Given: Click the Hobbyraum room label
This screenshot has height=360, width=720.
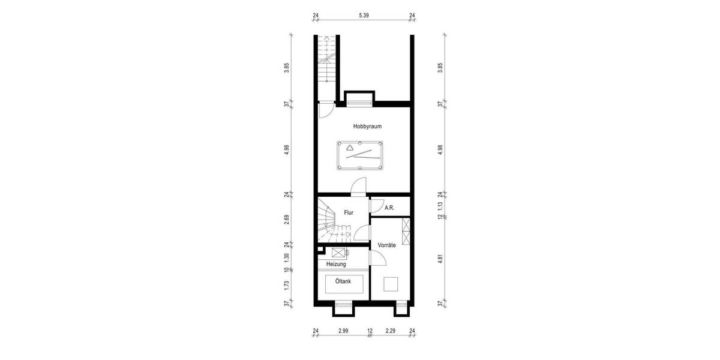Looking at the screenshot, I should [367, 127].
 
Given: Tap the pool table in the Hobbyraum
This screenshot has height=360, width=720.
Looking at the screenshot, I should [359, 155].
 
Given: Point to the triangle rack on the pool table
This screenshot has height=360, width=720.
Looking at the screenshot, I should [350, 146].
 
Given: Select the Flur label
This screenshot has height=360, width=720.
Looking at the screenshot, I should [348, 212].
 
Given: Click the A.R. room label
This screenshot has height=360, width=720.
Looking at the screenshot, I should [389, 208].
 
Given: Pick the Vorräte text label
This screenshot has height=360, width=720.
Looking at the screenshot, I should [387, 245].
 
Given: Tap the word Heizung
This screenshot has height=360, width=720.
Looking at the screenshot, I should [336, 264].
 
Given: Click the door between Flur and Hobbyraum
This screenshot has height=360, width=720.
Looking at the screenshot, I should [358, 188].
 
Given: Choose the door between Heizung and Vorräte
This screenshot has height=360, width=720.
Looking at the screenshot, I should [376, 258].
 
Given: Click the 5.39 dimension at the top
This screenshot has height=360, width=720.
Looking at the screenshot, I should [364, 16].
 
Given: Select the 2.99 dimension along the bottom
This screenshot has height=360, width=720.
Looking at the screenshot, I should [343, 331].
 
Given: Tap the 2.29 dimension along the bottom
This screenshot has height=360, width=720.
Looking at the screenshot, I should [391, 331].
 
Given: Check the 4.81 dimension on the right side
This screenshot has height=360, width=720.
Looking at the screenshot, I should [440, 260].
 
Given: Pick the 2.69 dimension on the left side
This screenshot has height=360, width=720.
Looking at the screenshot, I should [287, 219].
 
